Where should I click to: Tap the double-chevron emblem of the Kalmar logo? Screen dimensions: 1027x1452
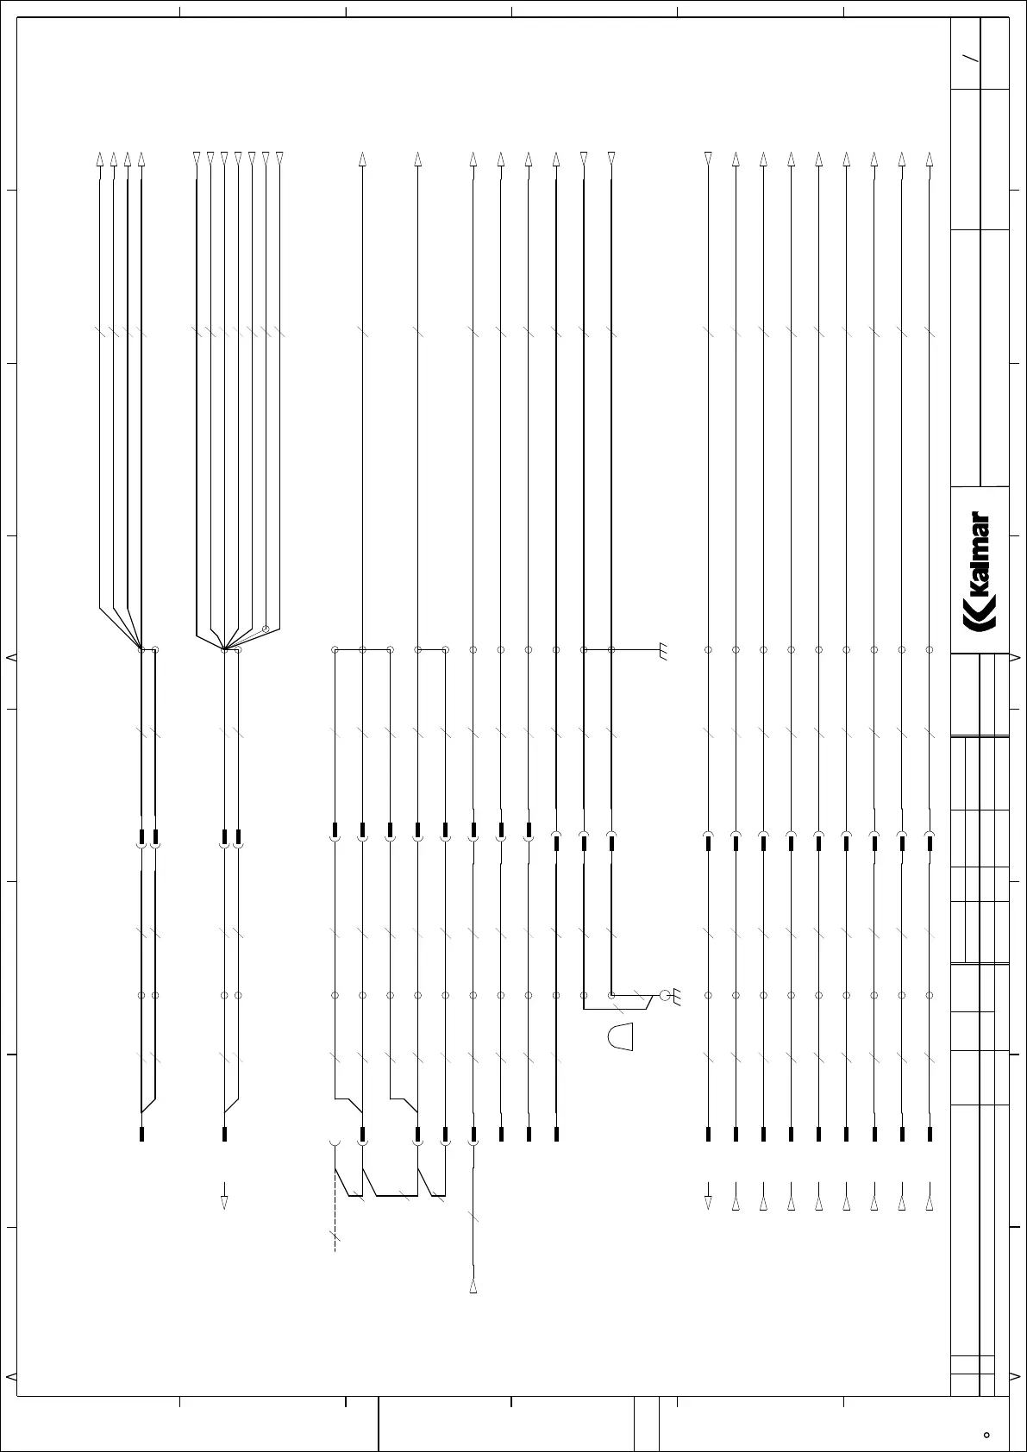pos(979,623)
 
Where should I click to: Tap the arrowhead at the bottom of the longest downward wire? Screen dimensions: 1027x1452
pos(473,1286)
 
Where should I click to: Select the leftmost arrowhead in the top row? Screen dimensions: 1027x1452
pos(100,160)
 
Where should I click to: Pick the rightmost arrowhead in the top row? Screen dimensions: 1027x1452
pos(929,160)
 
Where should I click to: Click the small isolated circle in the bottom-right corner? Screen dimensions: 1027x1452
pos(986,1436)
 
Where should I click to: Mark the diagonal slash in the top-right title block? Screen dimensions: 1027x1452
pos(972,59)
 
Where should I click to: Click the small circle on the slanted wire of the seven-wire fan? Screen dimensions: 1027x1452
pos(266,629)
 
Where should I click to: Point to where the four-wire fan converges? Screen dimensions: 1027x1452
pos(141,648)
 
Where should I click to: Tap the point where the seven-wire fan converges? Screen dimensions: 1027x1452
pos(223,648)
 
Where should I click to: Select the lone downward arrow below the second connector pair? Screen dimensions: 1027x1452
pos(224,1202)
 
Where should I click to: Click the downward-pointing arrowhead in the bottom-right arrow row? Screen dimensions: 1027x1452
pos(708,1202)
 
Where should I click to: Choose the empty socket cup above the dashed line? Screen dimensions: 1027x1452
pos(335,1143)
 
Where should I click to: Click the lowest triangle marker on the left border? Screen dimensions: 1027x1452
pos(10,1375)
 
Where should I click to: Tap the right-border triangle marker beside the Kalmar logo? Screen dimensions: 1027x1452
pos(1015,658)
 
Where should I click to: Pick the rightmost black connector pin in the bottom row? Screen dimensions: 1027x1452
pos(930,1134)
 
